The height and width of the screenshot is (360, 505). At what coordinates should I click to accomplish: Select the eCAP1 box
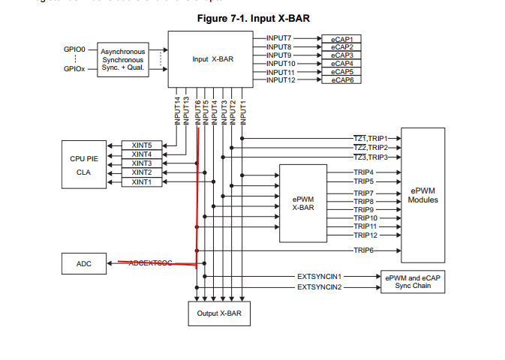pos(341,37)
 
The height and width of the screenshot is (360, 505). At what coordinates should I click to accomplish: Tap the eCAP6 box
pos(341,79)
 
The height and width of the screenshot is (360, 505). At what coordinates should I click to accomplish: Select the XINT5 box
pos(141,145)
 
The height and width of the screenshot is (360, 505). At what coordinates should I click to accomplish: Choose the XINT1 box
pos(141,181)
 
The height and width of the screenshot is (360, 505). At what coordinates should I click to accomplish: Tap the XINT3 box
pos(141,163)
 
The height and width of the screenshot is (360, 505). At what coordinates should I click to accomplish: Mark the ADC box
pos(84,263)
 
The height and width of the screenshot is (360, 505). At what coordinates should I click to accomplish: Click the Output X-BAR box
pos(218,313)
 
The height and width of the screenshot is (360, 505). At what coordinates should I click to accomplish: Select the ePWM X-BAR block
pos(302,202)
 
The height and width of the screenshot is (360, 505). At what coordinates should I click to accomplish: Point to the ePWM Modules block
pos(422,195)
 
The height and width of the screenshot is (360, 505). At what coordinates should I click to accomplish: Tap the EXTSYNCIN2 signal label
pos(319,287)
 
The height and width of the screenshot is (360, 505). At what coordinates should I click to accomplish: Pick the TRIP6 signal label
pos(364,250)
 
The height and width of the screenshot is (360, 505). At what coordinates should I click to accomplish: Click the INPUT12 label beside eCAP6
pos(280,79)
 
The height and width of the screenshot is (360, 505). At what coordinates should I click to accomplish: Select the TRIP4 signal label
pos(364,172)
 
